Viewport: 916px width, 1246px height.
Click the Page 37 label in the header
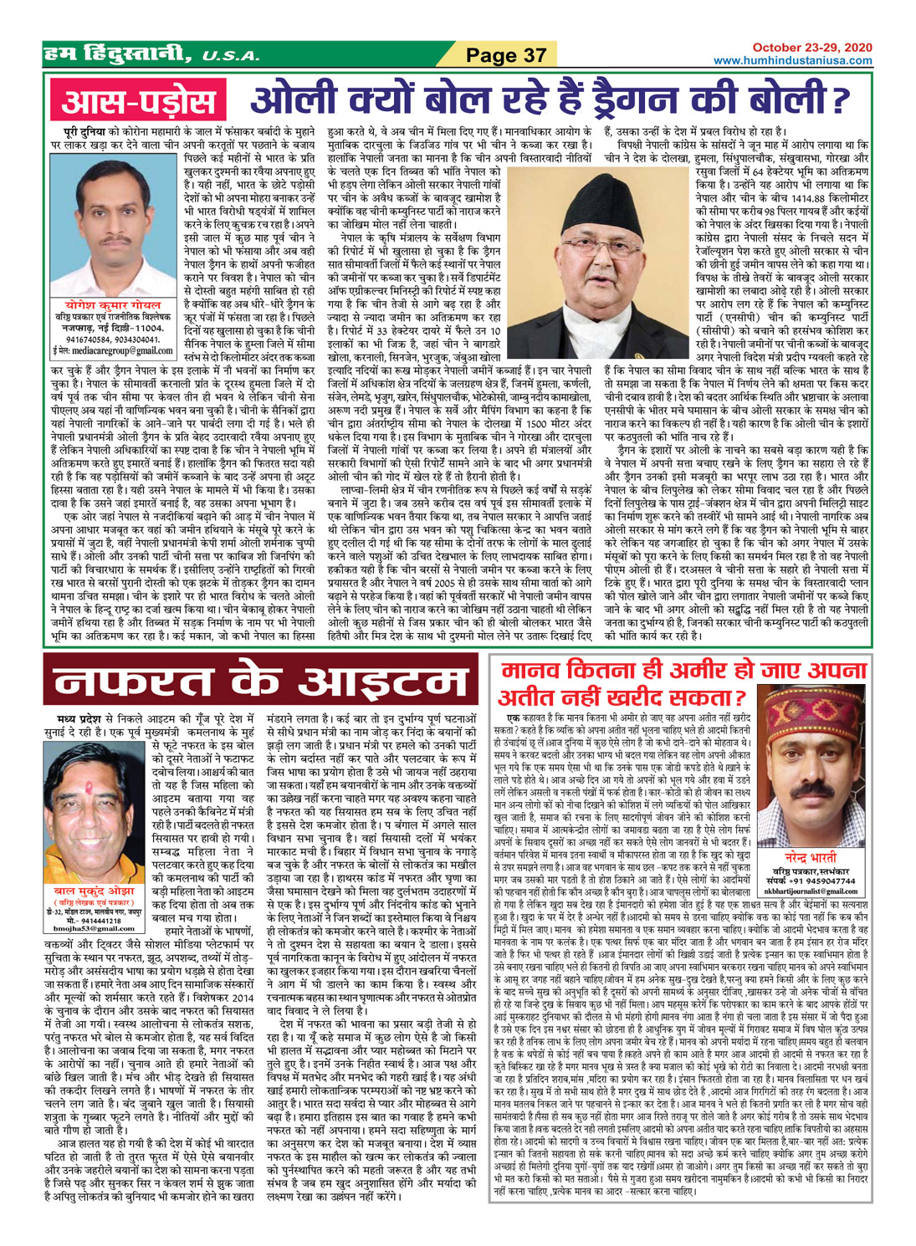click(x=505, y=55)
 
